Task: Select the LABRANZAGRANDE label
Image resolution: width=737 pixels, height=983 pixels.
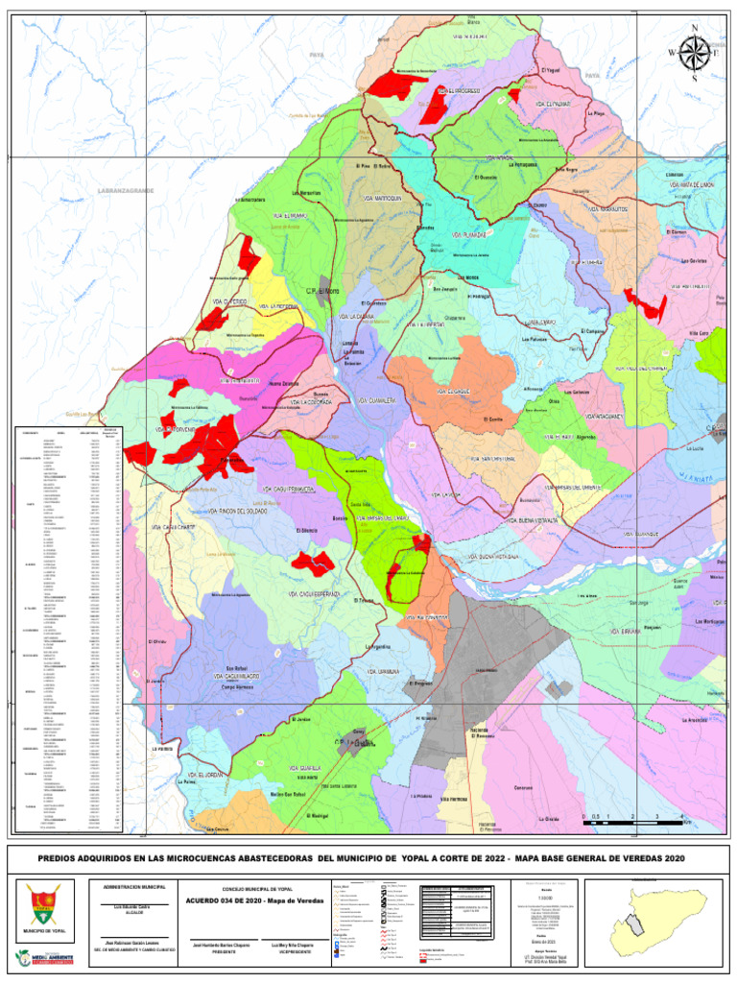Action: coord(126,191)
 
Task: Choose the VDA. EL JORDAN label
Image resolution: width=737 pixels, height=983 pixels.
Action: coord(206,773)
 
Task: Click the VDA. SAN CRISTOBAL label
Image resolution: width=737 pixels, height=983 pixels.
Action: coord(493,458)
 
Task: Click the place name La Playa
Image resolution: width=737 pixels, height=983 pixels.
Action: coord(596,114)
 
